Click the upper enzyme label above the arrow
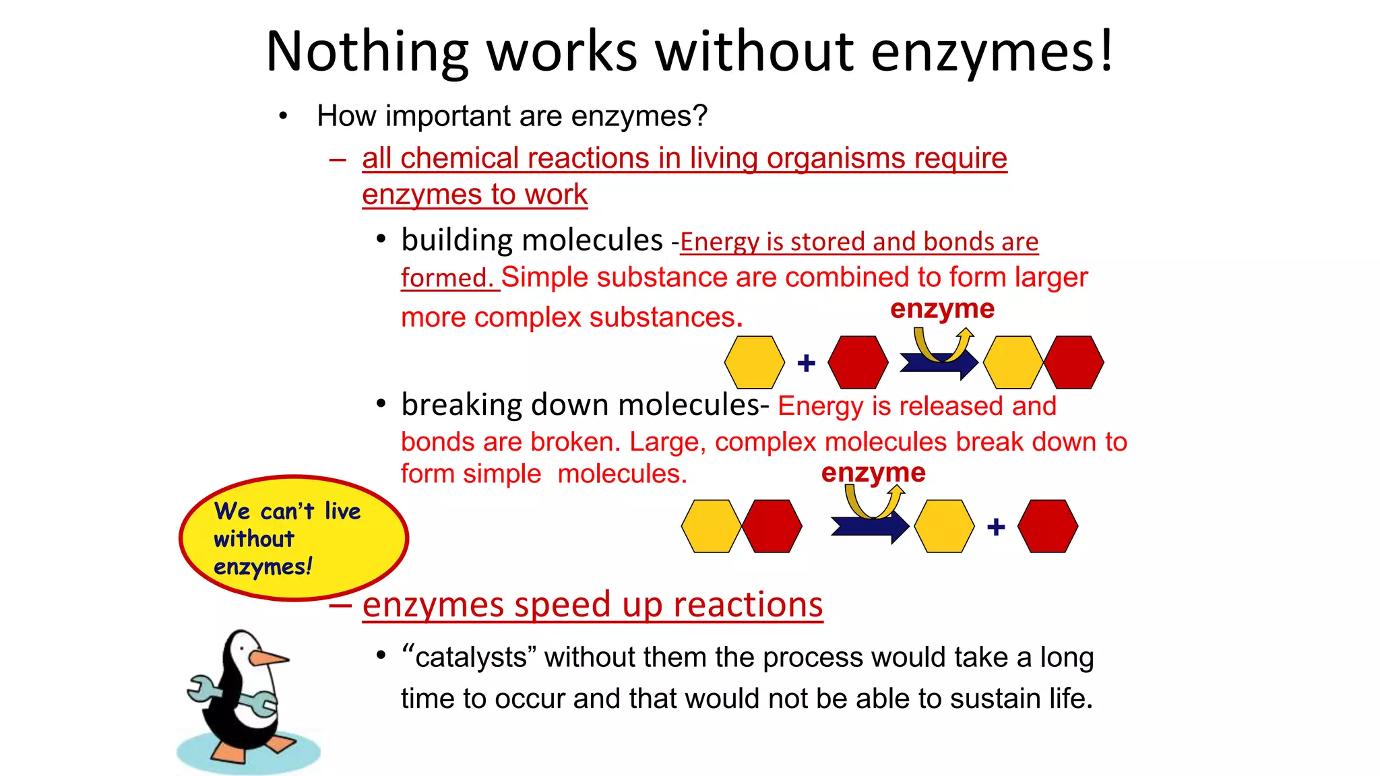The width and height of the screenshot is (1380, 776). tap(942, 309)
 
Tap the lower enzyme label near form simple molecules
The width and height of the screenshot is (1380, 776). tap(873, 472)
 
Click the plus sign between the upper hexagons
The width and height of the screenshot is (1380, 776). tap(806, 363)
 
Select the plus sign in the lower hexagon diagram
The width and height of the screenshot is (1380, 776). tap(996, 527)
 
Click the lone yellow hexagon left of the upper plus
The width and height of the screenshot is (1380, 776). tap(754, 362)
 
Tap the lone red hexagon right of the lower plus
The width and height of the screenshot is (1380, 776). tap(1047, 526)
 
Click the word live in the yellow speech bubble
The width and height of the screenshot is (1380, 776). tap(342, 511)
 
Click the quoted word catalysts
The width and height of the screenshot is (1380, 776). tap(470, 657)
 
